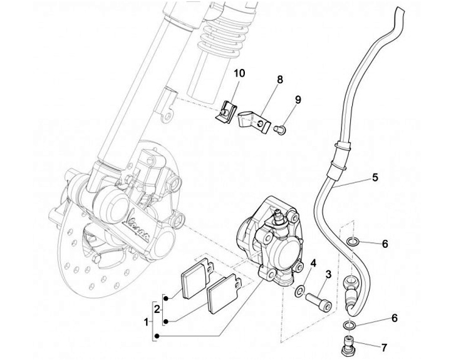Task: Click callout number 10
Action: coord(239,73)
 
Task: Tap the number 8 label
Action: coord(280,80)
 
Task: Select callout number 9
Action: coord(299,100)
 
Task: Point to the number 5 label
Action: coord(375,177)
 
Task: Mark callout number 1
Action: coord(146,324)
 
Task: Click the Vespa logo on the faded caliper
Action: coord(137,227)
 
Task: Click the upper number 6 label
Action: coord(385,243)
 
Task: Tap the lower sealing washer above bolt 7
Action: coord(349,324)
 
